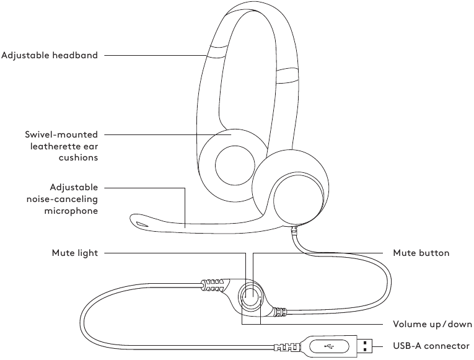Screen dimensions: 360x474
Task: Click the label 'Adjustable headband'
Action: (x=50, y=55)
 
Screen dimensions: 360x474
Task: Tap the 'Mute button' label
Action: (x=421, y=253)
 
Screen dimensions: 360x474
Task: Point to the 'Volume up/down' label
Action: (x=432, y=324)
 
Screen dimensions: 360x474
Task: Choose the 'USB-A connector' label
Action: (x=432, y=346)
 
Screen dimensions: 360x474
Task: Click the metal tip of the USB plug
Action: (x=369, y=346)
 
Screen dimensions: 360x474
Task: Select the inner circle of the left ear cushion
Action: (x=230, y=165)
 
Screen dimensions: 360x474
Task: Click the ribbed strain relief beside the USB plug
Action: (x=291, y=346)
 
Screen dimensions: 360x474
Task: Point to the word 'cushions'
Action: (x=80, y=158)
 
